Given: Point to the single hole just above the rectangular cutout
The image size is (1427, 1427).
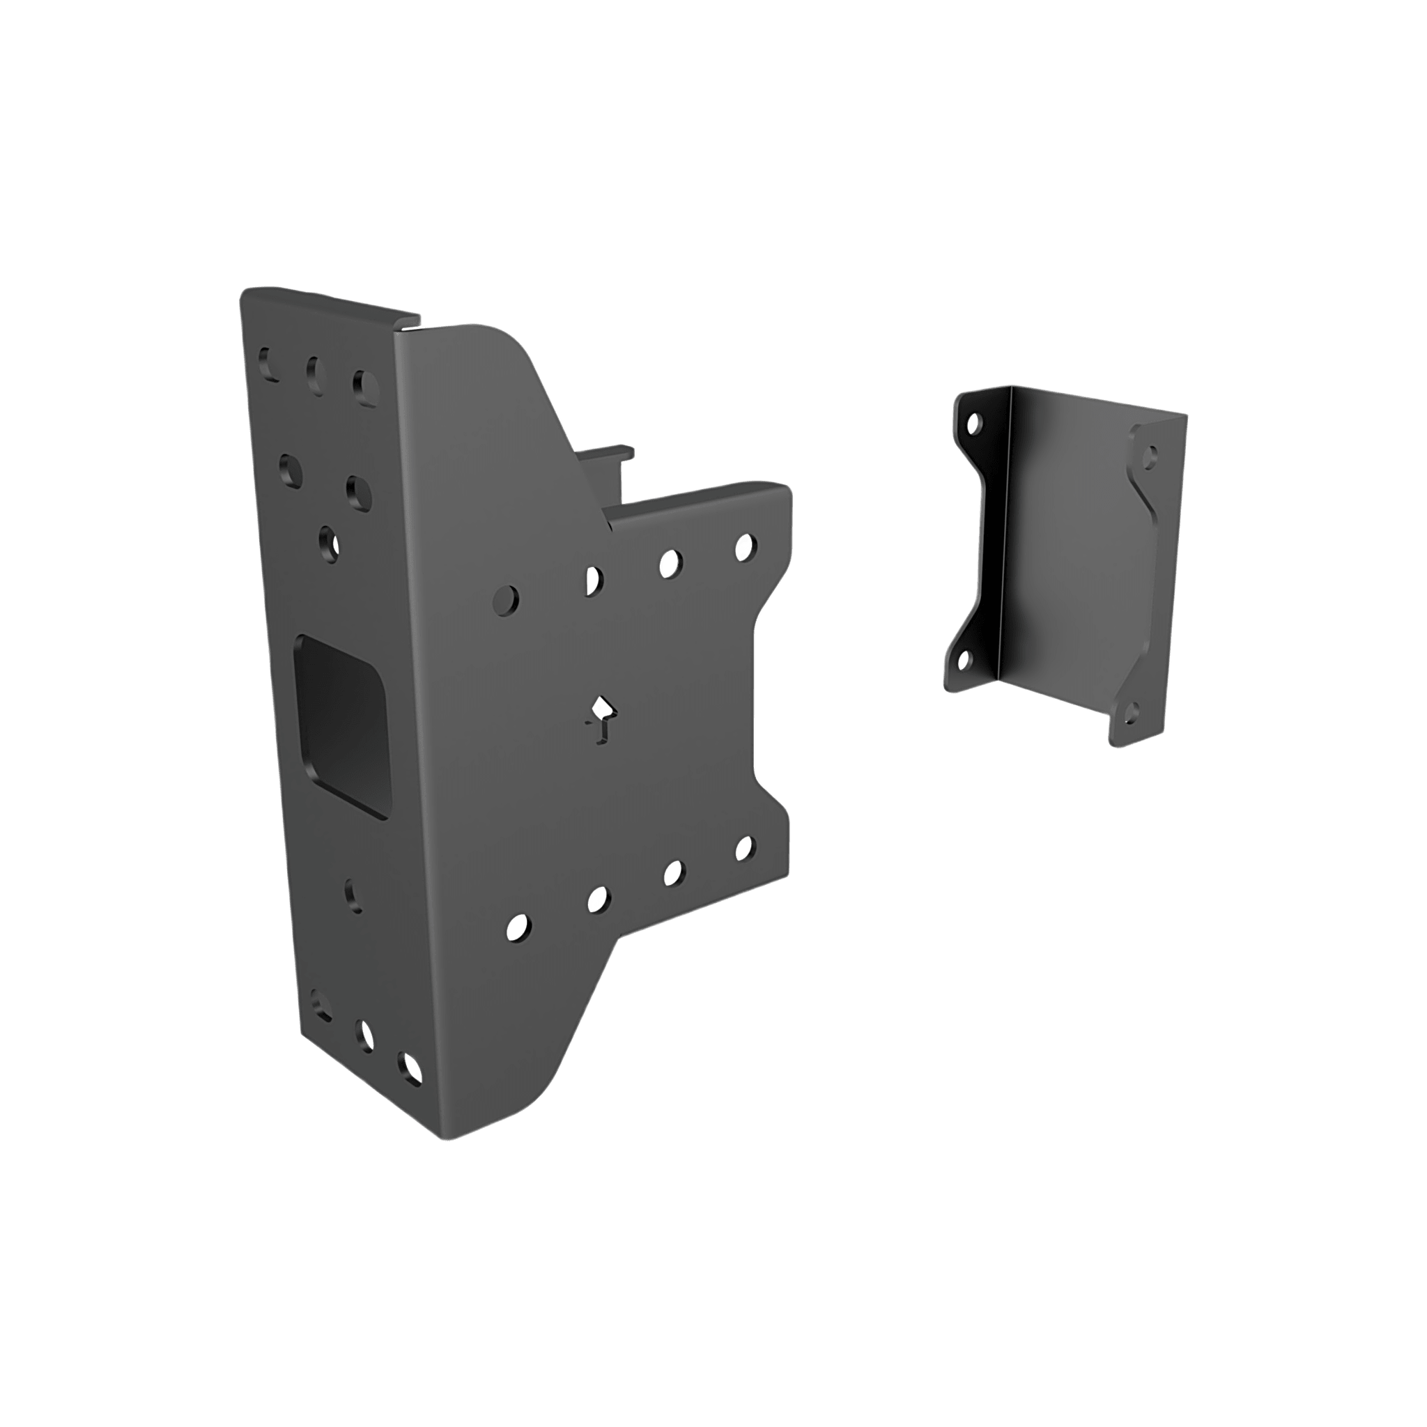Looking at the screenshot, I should tap(330, 543).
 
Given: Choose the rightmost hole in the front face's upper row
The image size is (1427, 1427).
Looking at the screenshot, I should tap(746, 546).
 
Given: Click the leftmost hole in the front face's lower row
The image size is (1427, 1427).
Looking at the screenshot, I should tap(518, 927).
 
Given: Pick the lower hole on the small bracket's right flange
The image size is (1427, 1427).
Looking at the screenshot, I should tap(1130, 710).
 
